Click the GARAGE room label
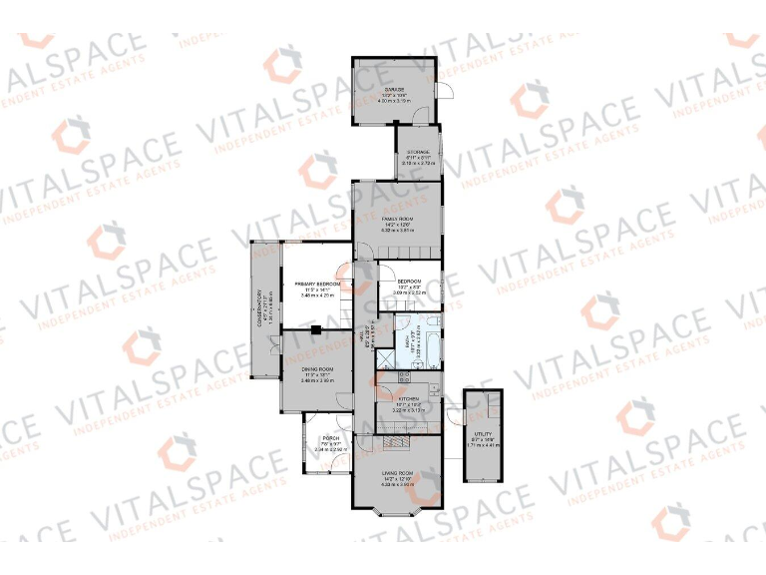click(x=394, y=89)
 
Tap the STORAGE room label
click(x=417, y=153)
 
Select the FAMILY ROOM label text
click(x=397, y=217)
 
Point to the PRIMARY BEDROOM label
click(x=317, y=285)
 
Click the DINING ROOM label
click(x=317, y=369)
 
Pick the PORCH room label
click(x=329, y=439)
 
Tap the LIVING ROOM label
click(x=397, y=473)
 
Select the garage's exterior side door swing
click(x=446, y=92)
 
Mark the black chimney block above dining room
click(x=315, y=328)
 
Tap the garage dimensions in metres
click(x=394, y=100)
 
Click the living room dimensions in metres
click(x=397, y=485)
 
